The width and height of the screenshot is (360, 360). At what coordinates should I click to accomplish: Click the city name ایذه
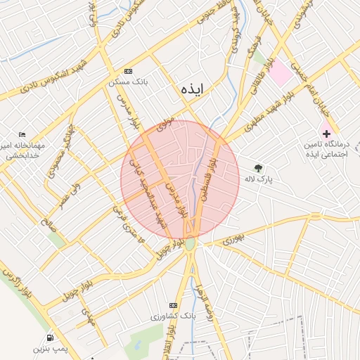(x=191, y=89)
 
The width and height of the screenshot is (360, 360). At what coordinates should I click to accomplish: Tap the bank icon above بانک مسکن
(x=127, y=71)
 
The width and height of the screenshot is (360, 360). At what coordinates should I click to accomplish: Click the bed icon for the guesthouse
(x=22, y=135)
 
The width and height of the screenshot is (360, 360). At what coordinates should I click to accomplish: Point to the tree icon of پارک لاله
(x=259, y=168)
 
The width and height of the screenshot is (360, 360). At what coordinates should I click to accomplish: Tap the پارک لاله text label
(x=258, y=180)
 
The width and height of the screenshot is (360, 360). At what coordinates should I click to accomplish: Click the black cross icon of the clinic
(x=326, y=133)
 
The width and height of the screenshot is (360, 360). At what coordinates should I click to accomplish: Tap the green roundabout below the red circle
(x=191, y=244)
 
